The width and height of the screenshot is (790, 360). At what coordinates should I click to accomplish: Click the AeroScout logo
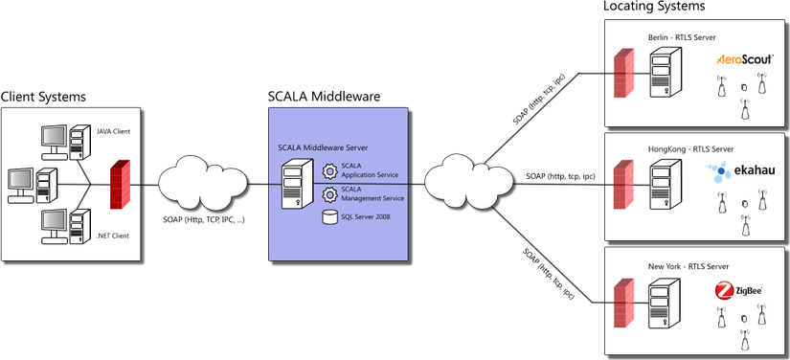(744, 59)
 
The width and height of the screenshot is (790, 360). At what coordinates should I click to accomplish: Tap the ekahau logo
(740, 171)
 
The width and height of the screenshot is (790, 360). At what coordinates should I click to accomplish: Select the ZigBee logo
(738, 291)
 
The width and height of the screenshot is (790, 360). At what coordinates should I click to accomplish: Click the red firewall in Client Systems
(120, 184)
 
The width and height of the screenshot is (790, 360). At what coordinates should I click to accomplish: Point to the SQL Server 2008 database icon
(329, 217)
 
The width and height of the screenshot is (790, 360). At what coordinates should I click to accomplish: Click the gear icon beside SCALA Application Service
(329, 171)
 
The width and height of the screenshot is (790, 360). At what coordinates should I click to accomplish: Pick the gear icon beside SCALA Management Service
(329, 194)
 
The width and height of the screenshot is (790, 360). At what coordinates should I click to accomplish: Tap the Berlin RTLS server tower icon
(666, 72)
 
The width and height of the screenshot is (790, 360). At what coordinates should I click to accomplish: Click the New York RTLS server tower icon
(666, 304)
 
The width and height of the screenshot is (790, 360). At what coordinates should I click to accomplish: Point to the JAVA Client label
(113, 132)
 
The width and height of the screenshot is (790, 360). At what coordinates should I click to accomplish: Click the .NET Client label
(113, 236)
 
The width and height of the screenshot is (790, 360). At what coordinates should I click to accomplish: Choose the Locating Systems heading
(654, 7)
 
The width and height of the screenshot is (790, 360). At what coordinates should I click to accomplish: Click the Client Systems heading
(43, 97)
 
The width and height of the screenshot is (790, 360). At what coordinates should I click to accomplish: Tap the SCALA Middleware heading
(325, 96)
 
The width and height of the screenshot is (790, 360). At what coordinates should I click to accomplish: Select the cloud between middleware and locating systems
(468, 182)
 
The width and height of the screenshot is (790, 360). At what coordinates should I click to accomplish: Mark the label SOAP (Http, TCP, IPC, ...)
(204, 220)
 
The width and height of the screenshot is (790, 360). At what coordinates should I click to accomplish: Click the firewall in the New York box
(623, 304)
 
